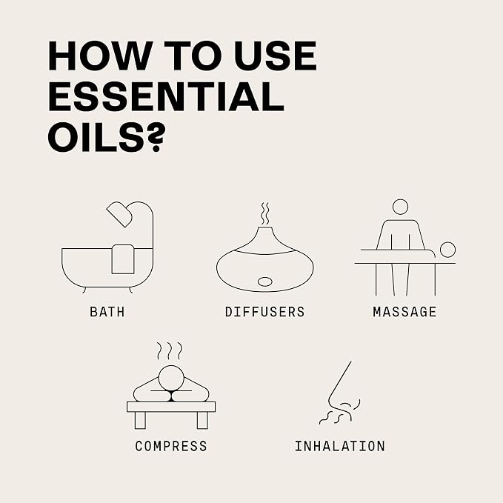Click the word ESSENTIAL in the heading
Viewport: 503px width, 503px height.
tap(166, 96)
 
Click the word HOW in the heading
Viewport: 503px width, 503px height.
tap(99, 56)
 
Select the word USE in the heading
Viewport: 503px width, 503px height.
tap(276, 56)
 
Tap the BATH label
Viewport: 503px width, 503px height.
tap(107, 312)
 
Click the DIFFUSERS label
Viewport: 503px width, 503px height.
tap(264, 312)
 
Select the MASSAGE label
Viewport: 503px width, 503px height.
tap(404, 312)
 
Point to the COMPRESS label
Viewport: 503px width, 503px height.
tap(171, 446)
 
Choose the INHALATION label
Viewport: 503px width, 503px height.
tap(340, 446)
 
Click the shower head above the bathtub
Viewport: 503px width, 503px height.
tap(119, 214)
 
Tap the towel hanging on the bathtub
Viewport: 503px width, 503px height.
tap(123, 259)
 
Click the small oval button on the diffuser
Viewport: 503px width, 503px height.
tap(265, 282)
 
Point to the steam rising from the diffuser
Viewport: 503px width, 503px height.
tap(265, 213)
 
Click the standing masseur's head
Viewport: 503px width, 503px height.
tap(400, 207)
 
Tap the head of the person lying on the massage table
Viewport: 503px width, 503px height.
tap(447, 250)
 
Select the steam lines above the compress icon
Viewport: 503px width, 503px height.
tap(170, 351)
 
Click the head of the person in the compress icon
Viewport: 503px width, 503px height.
tap(171, 378)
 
